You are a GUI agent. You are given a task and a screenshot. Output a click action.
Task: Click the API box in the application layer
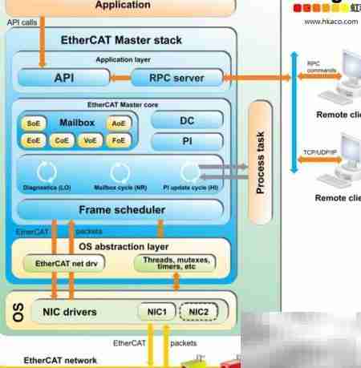pyautogui.click(x=63, y=79)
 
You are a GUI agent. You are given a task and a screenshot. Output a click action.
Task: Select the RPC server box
pyautogui.click(x=176, y=79)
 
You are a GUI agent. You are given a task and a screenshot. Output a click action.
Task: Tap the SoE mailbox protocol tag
pyautogui.click(x=34, y=123)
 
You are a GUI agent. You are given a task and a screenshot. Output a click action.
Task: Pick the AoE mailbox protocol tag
pyautogui.click(x=119, y=123)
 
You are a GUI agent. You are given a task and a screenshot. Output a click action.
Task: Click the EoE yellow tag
pyautogui.click(x=34, y=140)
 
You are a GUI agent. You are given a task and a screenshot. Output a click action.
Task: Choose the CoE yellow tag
pyautogui.click(x=62, y=140)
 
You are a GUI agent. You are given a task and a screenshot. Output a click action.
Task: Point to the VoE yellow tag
pyautogui.click(x=90, y=140)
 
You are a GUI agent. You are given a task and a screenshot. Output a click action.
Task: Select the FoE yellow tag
pyautogui.click(x=119, y=140)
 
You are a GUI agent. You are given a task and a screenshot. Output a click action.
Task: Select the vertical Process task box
pyautogui.click(x=261, y=163)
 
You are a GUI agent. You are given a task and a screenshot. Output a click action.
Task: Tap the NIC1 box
pyautogui.click(x=156, y=311)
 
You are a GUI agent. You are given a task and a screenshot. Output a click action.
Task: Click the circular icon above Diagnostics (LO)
pyautogui.click(x=47, y=170)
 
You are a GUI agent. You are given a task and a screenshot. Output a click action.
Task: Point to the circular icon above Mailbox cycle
pyautogui.click(x=120, y=170)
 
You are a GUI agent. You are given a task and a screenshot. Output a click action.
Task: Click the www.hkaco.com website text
pyautogui.click(x=331, y=22)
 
